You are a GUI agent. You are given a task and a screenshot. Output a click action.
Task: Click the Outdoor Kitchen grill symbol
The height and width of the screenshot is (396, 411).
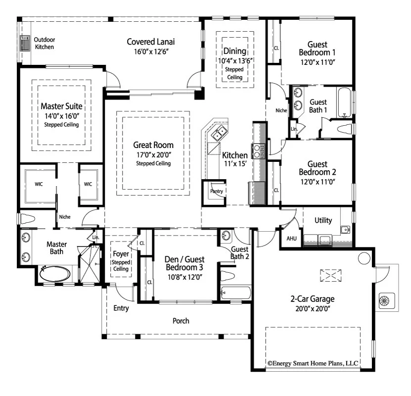click(24, 43)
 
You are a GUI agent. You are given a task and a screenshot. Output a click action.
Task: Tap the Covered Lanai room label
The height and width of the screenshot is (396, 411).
click(151, 42)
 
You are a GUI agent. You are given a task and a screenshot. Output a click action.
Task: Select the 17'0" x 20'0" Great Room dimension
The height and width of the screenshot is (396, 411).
click(153, 154)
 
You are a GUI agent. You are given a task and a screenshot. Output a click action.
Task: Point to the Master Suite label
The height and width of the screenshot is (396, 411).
click(61, 106)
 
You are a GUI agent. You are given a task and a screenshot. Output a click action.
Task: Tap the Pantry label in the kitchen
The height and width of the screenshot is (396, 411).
click(216, 191)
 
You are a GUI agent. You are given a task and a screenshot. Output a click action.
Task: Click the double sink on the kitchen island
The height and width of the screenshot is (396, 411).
click(219, 132)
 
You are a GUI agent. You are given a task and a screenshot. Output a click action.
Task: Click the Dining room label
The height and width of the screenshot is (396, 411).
click(234, 51)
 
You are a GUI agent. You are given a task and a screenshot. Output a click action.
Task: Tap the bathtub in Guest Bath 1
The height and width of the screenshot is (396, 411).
click(344, 102)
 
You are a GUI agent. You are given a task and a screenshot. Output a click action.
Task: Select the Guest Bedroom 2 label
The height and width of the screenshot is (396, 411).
click(317, 168)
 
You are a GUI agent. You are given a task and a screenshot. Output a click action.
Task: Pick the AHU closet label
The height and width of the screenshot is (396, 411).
click(291, 238)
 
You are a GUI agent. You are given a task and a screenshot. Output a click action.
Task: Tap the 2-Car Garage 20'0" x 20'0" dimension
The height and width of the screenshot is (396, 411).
click(312, 308)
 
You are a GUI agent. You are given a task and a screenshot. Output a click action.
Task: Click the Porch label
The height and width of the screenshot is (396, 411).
click(181, 321)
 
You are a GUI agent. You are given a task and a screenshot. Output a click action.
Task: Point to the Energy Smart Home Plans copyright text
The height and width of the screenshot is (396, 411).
click(313, 363)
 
